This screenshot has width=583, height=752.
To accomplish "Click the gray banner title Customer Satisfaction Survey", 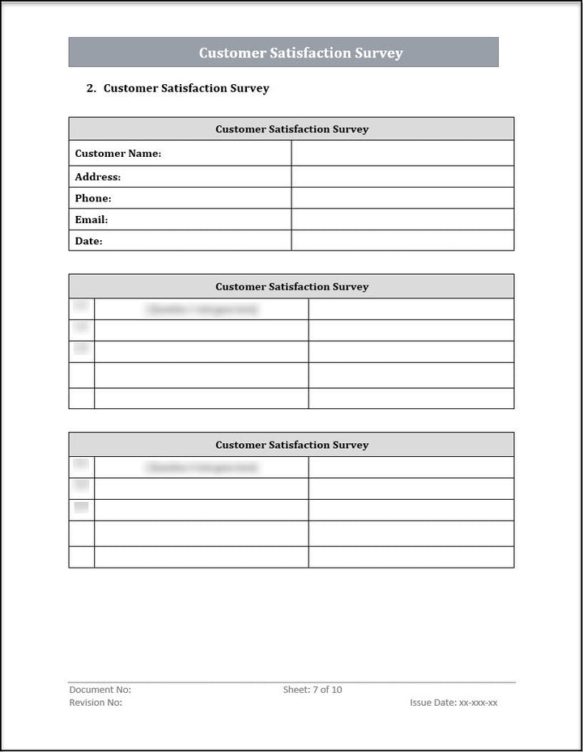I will tap(300, 53).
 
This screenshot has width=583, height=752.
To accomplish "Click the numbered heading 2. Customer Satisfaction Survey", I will tap(178, 88).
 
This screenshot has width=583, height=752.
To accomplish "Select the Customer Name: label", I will tap(118, 154).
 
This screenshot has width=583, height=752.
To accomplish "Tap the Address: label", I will tap(98, 177).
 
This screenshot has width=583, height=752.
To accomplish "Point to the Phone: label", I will tap(93, 198).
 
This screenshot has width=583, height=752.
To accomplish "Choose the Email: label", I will tap(91, 219).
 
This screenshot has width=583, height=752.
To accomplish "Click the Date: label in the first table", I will tap(89, 241).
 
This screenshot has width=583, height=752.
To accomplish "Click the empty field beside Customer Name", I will tap(402, 154).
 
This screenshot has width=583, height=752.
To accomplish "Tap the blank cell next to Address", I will tap(402, 177).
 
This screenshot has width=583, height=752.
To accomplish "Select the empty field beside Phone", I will tap(402, 198).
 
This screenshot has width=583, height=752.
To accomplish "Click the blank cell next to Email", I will tap(402, 219).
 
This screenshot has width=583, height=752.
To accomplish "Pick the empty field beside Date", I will tap(402, 241).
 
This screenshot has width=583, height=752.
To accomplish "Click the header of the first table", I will tap(291, 129).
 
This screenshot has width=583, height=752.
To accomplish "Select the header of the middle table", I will tap(291, 287).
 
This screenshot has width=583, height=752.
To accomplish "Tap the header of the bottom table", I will tap(291, 446).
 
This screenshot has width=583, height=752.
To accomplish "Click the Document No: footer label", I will tap(100, 690).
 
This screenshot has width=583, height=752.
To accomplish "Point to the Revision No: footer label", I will tap(96, 703).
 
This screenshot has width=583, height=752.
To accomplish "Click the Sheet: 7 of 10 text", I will tap(313, 690).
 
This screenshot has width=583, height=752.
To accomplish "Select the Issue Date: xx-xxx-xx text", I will tap(453, 703).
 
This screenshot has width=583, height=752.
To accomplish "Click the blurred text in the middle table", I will tap(202, 310).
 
